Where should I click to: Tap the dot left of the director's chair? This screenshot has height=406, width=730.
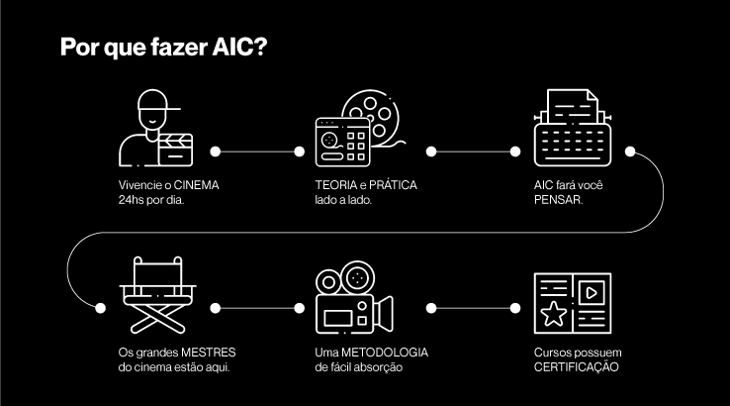(99, 308)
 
